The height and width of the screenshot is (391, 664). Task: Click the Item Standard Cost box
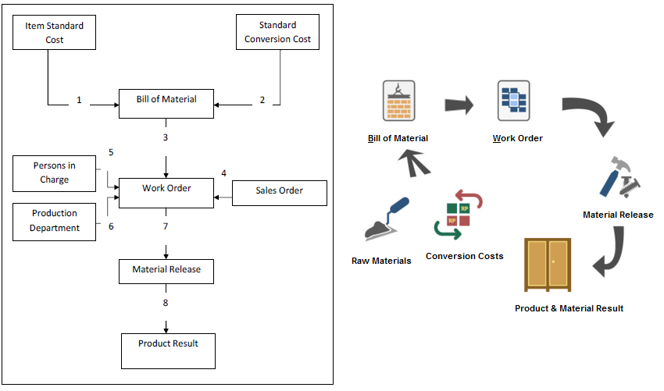[55, 33]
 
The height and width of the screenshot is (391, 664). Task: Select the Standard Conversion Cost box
[279, 33]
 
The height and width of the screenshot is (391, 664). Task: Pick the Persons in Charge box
[55, 173]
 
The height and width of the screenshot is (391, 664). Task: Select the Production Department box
[55, 221]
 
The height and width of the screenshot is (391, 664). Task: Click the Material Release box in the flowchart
[166, 270]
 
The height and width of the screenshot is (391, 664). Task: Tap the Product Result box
[168, 350]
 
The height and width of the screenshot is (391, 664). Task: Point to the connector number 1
[79, 101]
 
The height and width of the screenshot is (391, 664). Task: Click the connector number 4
[223, 173]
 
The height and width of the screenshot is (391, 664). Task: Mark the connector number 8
[166, 303]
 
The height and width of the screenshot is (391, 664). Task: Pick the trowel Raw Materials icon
[387, 219]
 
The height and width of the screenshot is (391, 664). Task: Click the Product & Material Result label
[569, 308]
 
